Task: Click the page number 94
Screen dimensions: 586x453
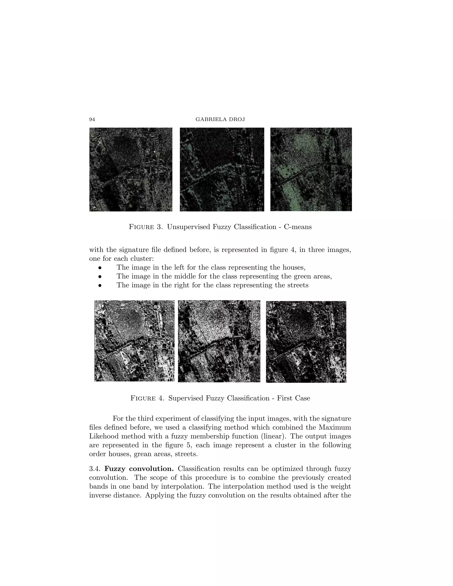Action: (92, 119)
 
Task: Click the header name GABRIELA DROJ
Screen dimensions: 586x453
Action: (220, 119)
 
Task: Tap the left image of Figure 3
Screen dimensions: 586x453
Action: (131, 169)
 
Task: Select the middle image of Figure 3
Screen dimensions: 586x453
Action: (222, 169)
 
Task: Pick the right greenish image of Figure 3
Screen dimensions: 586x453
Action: (311, 169)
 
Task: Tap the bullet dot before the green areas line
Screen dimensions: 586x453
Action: (100, 276)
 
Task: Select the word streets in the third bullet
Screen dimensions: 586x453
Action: (298, 285)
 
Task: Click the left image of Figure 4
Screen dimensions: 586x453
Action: (134, 341)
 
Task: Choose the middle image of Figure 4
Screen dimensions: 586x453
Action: (219, 341)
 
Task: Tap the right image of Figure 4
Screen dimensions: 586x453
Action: (306, 342)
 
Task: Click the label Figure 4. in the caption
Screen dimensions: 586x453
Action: (147, 398)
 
